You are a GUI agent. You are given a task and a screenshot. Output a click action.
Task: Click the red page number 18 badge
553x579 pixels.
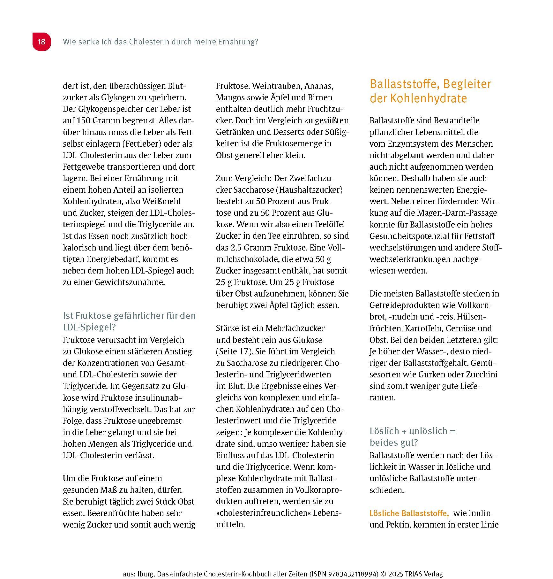tap(41, 42)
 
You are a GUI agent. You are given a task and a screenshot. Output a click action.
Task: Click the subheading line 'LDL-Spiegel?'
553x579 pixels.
tap(89, 327)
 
